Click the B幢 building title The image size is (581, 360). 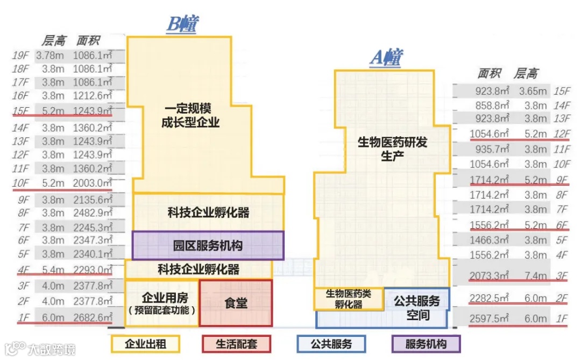point(182,24)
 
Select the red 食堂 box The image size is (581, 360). point(236,303)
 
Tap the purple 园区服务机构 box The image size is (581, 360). point(208,246)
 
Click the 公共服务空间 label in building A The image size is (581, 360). point(417,308)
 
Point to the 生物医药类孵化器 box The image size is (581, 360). point(349,299)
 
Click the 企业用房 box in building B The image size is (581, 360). point(161,303)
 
